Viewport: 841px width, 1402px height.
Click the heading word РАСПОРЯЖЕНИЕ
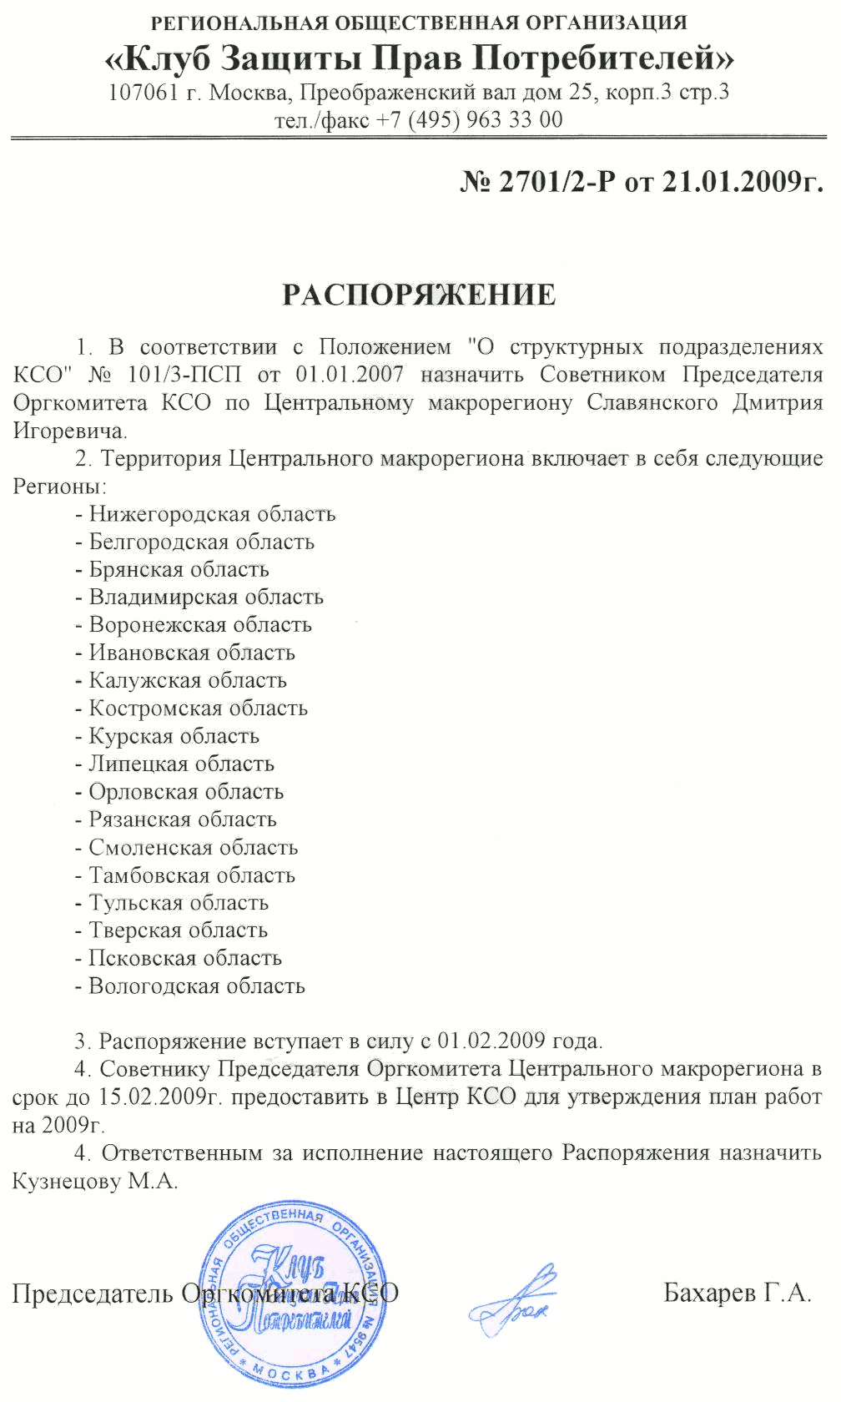pyautogui.click(x=419, y=295)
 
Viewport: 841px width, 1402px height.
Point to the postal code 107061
pyautogui.click(x=144, y=92)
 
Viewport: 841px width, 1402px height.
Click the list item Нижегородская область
pyautogui.click(x=212, y=514)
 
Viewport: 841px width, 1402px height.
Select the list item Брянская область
pyautogui.click(x=179, y=570)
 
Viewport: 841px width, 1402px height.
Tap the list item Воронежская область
pyautogui.click(x=200, y=625)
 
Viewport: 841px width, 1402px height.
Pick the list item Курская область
pyautogui.click(x=174, y=736)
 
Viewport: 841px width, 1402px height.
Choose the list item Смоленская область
pyautogui.click(x=193, y=848)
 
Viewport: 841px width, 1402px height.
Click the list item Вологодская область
pyautogui.click(x=197, y=986)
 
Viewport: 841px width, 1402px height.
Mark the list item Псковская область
pyautogui.click(x=185, y=959)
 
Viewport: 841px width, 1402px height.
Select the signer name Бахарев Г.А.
pyautogui.click(x=738, y=1293)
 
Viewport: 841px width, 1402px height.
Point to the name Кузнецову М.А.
pyautogui.click(x=95, y=1182)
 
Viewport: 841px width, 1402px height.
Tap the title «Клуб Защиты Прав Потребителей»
pyautogui.click(x=419, y=58)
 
